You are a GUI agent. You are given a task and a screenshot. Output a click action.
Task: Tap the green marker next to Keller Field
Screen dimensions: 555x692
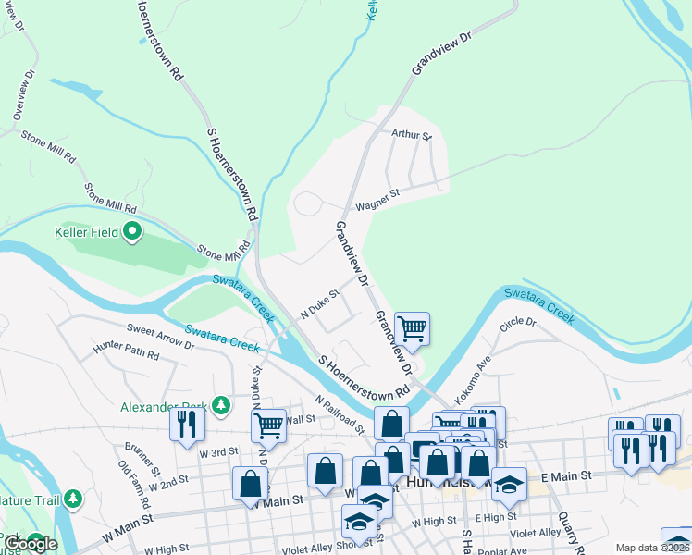coord(132,231)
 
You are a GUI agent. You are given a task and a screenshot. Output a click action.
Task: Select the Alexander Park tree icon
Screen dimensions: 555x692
coord(221,405)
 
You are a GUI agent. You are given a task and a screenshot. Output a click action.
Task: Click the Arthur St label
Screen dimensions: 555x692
coord(411,134)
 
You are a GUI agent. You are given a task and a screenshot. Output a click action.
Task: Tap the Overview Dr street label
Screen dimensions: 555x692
coord(23,92)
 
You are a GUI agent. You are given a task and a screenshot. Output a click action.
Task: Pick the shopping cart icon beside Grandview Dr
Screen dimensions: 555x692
coord(412,327)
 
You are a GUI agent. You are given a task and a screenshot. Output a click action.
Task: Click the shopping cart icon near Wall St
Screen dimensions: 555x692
coord(267,425)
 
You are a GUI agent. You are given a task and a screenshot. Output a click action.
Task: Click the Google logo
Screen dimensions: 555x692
coord(30,544)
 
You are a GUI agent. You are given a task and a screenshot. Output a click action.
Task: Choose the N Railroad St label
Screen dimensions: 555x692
coord(338,413)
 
